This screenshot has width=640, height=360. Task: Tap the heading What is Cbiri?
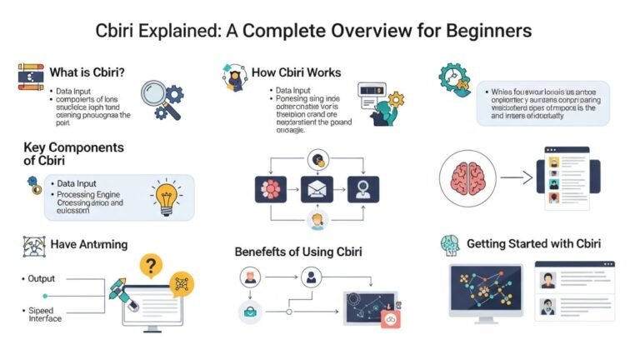click(x=87, y=72)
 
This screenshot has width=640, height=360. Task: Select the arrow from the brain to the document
click(x=513, y=177)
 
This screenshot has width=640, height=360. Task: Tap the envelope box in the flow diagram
click(x=316, y=189)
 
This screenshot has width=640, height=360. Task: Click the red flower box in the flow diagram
click(x=271, y=189)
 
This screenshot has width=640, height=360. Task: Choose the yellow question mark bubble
click(x=150, y=267)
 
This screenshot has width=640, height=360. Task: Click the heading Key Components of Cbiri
click(x=74, y=153)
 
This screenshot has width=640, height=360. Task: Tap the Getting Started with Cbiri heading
click(x=533, y=243)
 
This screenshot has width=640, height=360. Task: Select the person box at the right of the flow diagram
click(x=362, y=189)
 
